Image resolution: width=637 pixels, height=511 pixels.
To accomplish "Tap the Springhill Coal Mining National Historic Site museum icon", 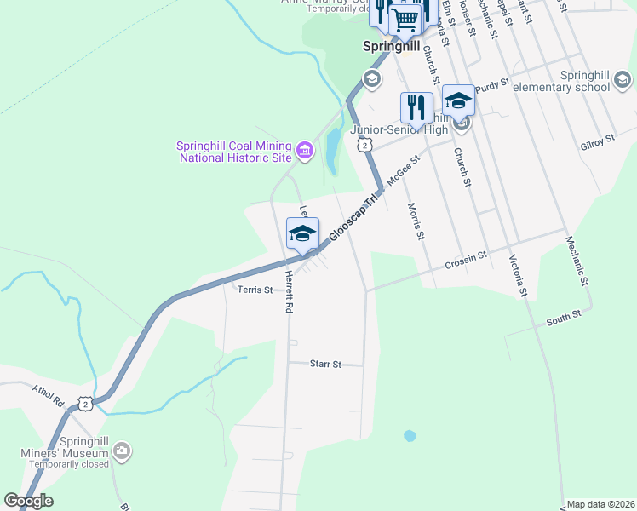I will click(x=305, y=152).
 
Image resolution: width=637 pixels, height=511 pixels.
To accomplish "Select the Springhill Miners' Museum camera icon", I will click(x=122, y=450).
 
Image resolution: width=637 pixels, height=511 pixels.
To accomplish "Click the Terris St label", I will click(x=255, y=290).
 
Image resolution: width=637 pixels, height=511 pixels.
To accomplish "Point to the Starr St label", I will click(x=324, y=364).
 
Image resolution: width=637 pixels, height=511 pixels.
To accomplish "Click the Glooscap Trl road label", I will click(x=353, y=218).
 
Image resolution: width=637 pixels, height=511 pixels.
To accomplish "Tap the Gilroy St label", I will click(x=599, y=141).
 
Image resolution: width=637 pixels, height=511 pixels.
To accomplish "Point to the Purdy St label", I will click(x=491, y=84).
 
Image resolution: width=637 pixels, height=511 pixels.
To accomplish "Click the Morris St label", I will click(x=415, y=221).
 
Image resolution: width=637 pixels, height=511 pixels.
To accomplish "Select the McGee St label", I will click(x=405, y=170).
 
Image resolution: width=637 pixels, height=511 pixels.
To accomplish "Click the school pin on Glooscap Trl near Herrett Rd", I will click(x=302, y=233).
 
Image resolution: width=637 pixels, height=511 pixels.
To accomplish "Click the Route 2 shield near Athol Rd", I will click(x=86, y=403).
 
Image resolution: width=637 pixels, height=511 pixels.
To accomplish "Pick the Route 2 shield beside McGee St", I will click(x=364, y=146).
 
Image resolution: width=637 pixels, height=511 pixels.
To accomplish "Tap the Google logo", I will click(x=28, y=501).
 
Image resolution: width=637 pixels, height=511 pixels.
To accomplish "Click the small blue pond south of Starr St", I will click(x=410, y=435).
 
